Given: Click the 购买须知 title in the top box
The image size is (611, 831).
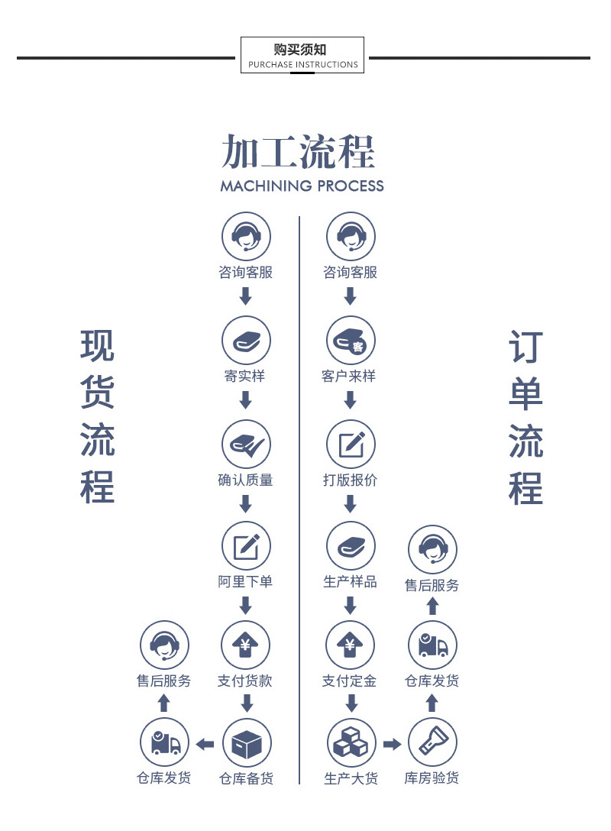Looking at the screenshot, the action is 300,50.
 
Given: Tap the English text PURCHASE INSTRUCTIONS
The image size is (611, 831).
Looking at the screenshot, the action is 303,65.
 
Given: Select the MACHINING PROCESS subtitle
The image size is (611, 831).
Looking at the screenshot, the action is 302,186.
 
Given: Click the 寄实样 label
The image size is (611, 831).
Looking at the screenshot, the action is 244,376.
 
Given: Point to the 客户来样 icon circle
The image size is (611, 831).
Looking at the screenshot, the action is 351,341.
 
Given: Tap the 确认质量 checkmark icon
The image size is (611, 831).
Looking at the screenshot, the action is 247,444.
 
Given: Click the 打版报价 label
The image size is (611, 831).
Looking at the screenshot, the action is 351,480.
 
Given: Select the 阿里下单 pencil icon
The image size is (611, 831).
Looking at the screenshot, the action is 246,546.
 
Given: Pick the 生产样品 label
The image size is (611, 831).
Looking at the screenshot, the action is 351,581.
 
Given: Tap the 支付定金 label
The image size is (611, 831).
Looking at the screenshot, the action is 349,681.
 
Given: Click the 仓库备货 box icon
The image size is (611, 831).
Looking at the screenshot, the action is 247,744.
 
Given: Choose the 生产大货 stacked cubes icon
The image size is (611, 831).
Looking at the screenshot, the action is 351,742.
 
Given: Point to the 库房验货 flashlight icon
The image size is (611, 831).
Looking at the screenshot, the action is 432,742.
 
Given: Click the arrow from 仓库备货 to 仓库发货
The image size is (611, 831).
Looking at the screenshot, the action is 205,745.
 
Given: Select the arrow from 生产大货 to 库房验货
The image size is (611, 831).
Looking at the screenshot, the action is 392,744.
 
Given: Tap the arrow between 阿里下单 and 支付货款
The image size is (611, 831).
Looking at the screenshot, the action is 245,605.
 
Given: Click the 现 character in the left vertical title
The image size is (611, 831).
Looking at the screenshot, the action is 98,345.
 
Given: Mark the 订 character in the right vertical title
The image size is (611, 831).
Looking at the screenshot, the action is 525,347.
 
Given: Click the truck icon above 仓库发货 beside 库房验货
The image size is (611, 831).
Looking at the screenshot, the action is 432,645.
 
